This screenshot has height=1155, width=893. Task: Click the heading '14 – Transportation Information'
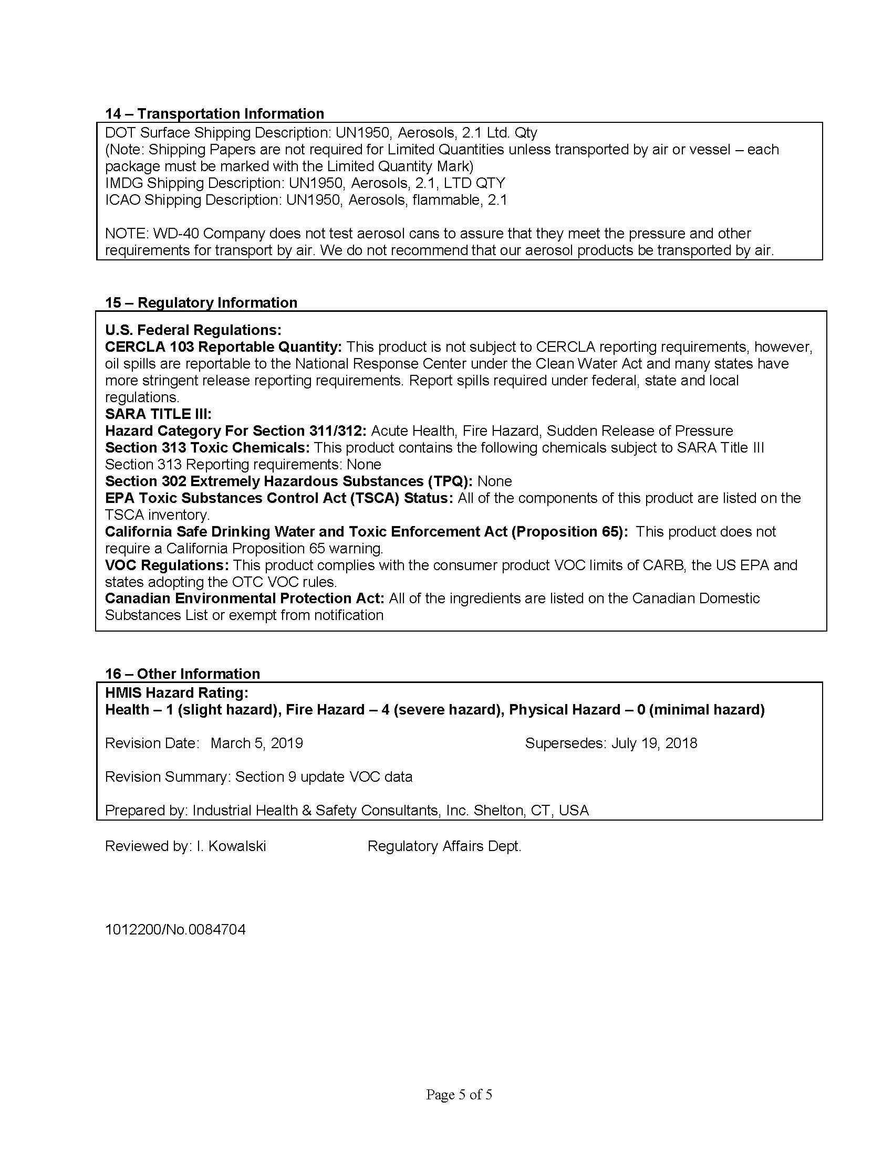coord(214,114)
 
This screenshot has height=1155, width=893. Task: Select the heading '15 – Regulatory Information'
coord(201,302)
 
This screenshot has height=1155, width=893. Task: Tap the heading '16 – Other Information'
coord(182,674)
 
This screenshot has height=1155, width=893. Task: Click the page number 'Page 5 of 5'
coord(459,1094)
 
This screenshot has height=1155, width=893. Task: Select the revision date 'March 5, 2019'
coord(256,743)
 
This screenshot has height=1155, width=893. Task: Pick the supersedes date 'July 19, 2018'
coord(655,743)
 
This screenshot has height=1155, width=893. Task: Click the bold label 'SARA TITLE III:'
coord(158,414)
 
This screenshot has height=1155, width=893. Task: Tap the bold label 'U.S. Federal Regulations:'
coord(193,330)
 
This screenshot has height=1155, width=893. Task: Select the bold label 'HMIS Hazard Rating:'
coord(176,692)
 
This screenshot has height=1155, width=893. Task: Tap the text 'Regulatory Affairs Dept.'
coord(444,846)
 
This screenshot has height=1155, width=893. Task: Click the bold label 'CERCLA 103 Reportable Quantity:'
coord(224,347)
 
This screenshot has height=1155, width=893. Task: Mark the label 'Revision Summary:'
coord(168,776)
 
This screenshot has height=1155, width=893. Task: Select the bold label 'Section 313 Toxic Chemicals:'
coord(207,447)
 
